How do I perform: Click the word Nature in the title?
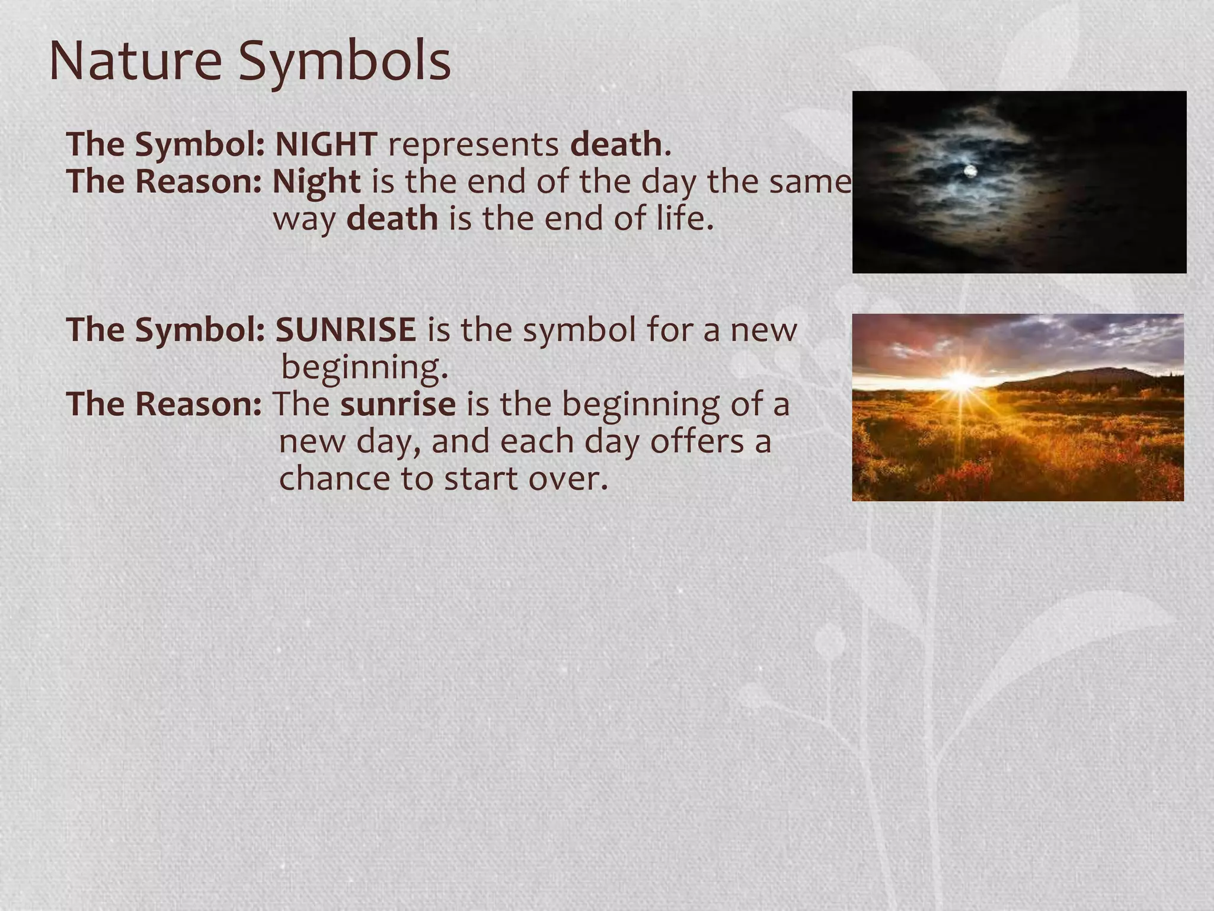pos(136,62)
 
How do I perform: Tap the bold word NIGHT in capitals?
pos(326,144)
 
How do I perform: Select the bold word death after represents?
pos(616,144)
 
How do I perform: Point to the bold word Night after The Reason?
pos(316,182)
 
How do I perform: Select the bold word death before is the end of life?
pos(392,219)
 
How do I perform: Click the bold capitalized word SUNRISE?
pos(346,330)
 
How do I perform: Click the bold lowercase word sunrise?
pos(398,404)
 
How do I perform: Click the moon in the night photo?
pos(970,171)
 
